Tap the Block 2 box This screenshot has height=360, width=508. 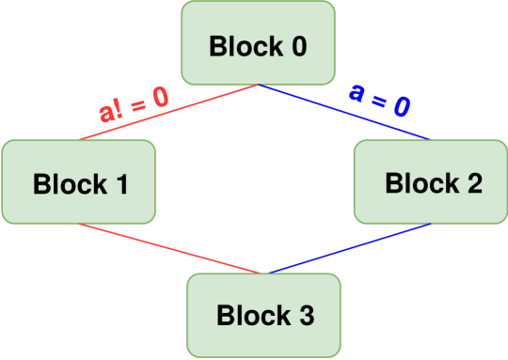pyautogui.click(x=431, y=181)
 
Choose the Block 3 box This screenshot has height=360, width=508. pyautogui.click(x=263, y=315)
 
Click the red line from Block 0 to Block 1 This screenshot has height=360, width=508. pyautogui.click(x=169, y=112)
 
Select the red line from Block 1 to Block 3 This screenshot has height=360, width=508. pyautogui.click(x=169, y=249)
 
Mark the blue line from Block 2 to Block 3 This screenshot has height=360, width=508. pyautogui.click(x=348, y=248)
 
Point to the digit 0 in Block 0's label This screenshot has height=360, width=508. pyautogui.click(x=299, y=46)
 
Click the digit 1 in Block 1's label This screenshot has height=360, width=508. pyautogui.click(x=122, y=183)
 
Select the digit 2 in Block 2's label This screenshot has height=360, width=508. pyautogui.click(x=474, y=182)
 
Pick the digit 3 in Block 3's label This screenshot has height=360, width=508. pyautogui.click(x=306, y=316)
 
